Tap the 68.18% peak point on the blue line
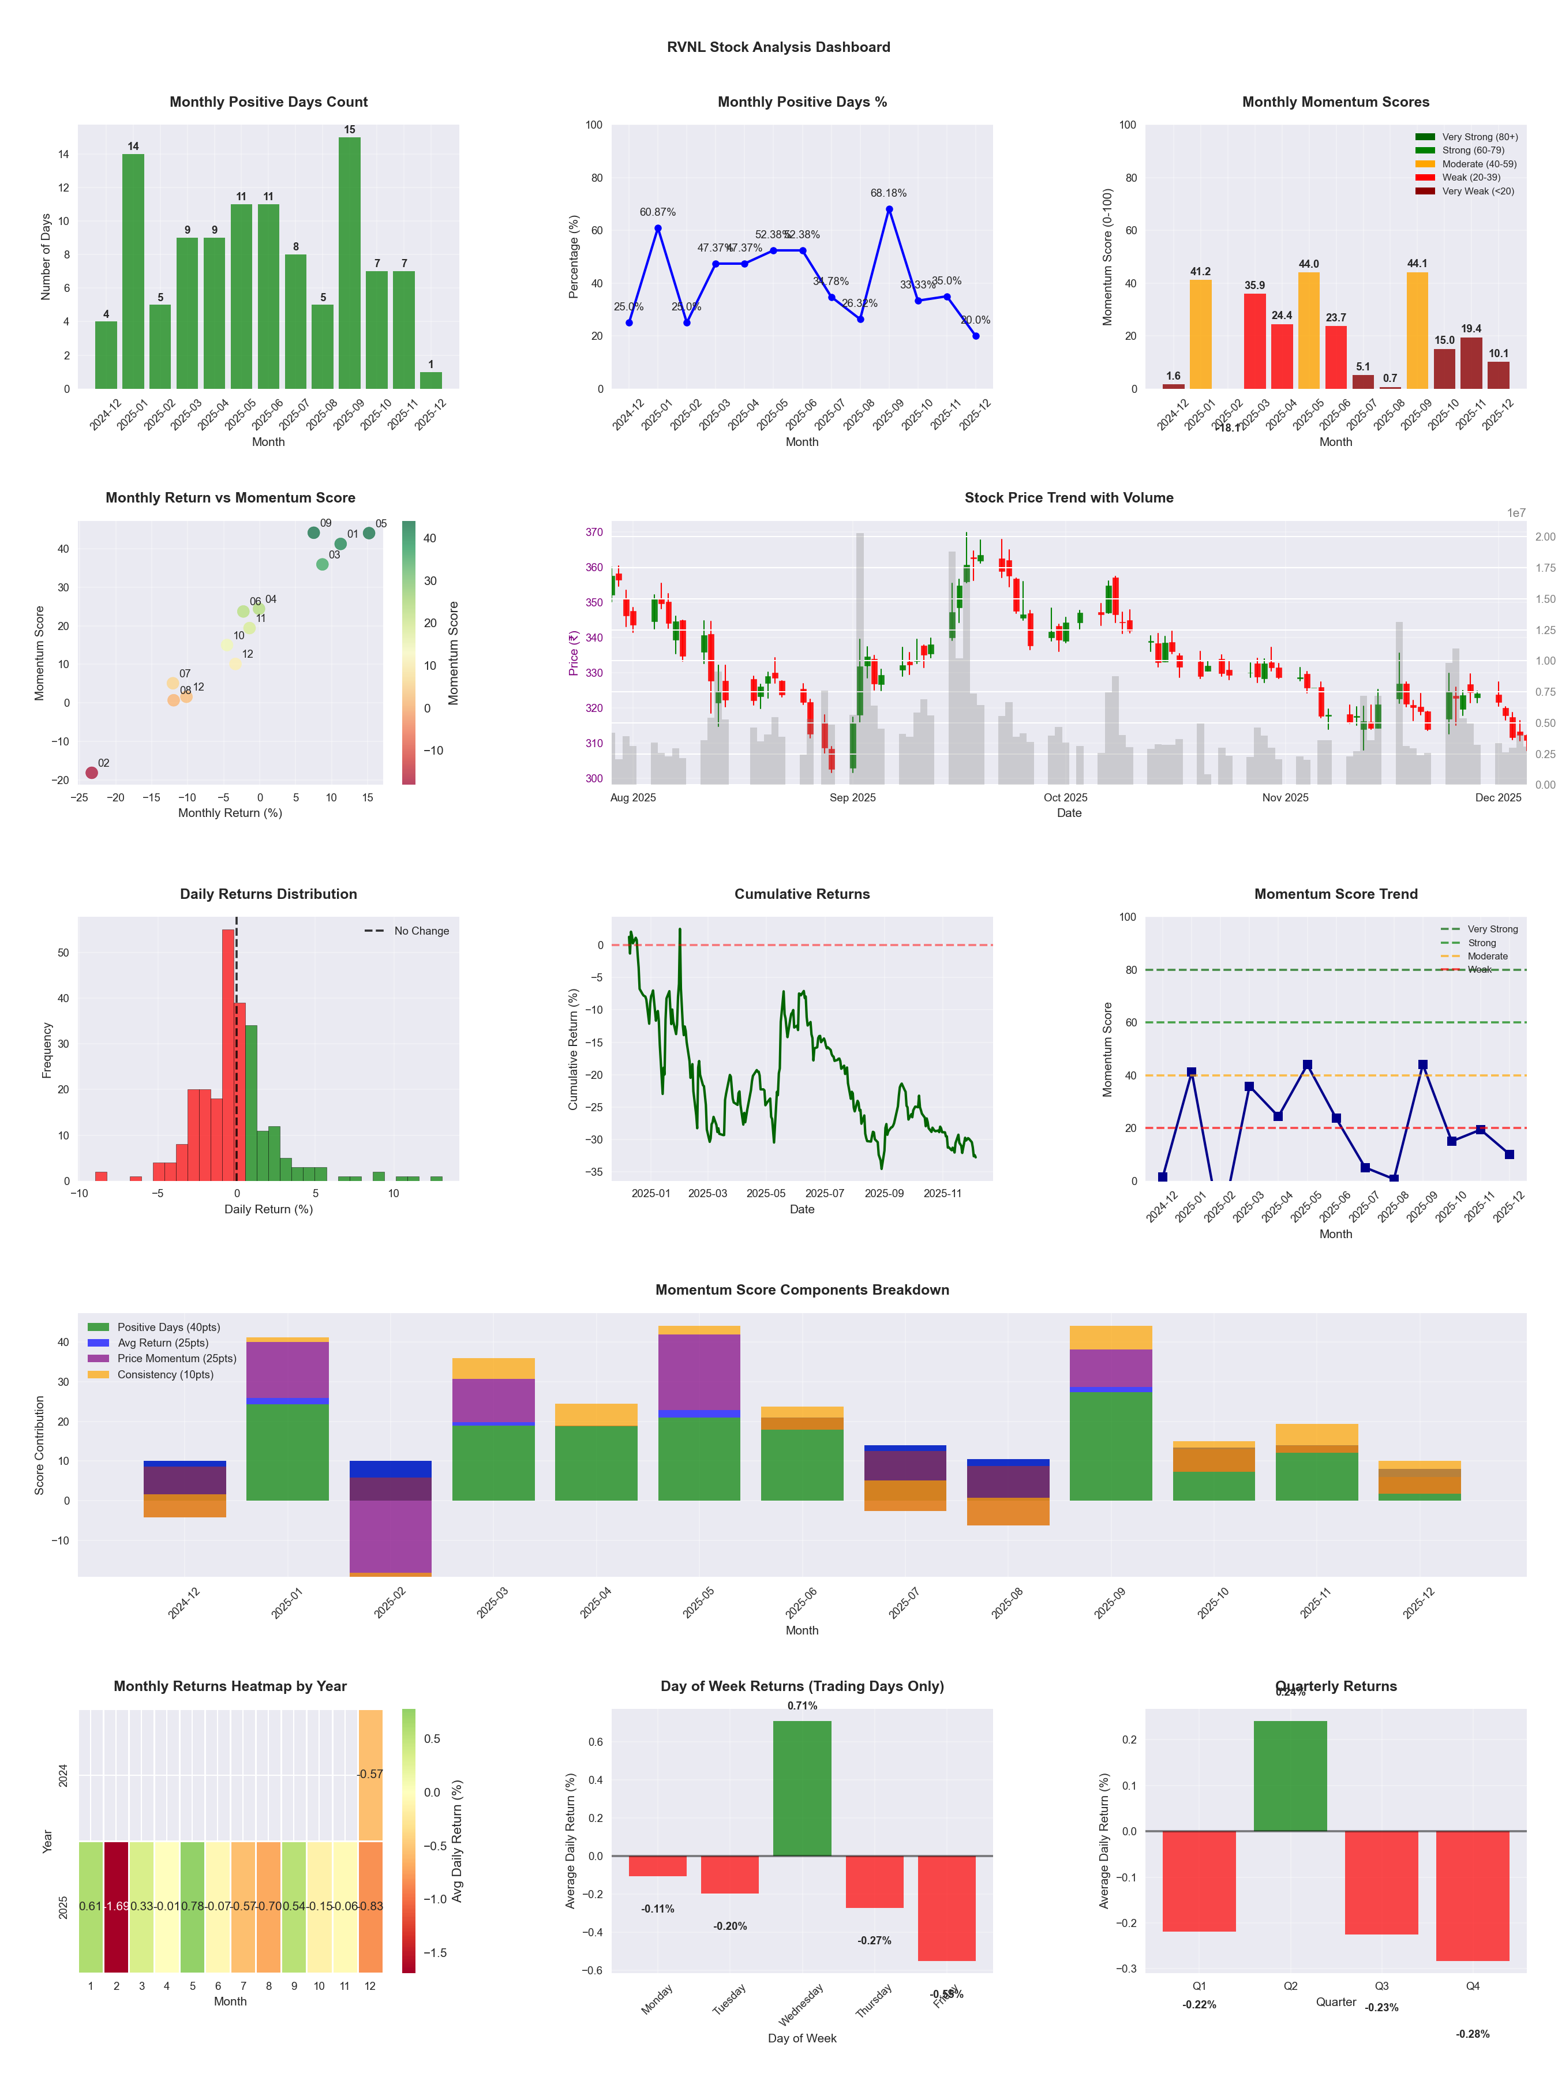889,209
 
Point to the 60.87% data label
657,212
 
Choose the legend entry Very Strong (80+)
1479,137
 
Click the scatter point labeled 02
92,773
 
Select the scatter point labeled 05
369,533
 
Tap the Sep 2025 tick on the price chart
852,798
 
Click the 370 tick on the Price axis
594,533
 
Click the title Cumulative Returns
802,894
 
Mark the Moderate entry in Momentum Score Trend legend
1486,957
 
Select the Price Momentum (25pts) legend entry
177,1359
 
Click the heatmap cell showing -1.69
117,1906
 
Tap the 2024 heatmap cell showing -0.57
370,1775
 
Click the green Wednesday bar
802,1789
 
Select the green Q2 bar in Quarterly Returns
1290,1776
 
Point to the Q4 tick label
1473,1986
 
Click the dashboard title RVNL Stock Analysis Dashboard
778,47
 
